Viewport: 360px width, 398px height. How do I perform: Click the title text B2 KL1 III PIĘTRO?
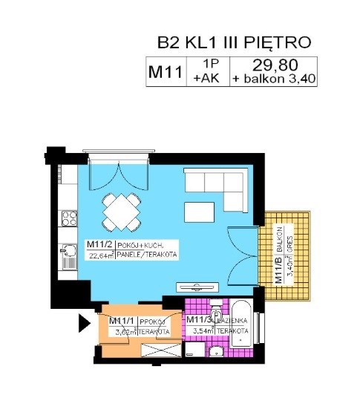tap(233, 42)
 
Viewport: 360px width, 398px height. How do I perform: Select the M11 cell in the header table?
tap(166, 73)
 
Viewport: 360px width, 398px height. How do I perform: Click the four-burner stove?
tap(70, 218)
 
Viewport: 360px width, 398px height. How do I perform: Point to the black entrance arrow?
tap(84, 323)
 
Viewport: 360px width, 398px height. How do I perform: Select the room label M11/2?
tap(99, 245)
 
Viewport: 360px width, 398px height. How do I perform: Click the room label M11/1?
tap(121, 321)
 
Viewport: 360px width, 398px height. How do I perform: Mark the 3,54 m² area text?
tap(200, 331)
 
